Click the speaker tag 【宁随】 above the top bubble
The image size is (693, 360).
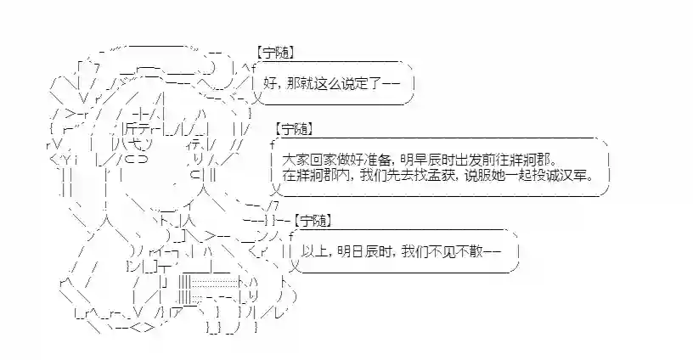click(x=276, y=53)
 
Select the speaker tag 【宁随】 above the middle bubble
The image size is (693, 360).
click(x=294, y=129)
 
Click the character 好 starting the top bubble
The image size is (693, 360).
click(x=269, y=84)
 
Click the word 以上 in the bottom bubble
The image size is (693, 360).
click(x=313, y=253)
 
